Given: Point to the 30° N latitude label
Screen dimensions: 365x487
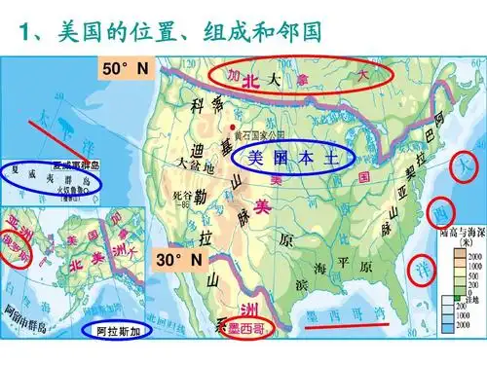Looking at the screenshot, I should [182, 259].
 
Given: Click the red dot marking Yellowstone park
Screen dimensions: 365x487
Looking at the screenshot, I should [231, 128].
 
